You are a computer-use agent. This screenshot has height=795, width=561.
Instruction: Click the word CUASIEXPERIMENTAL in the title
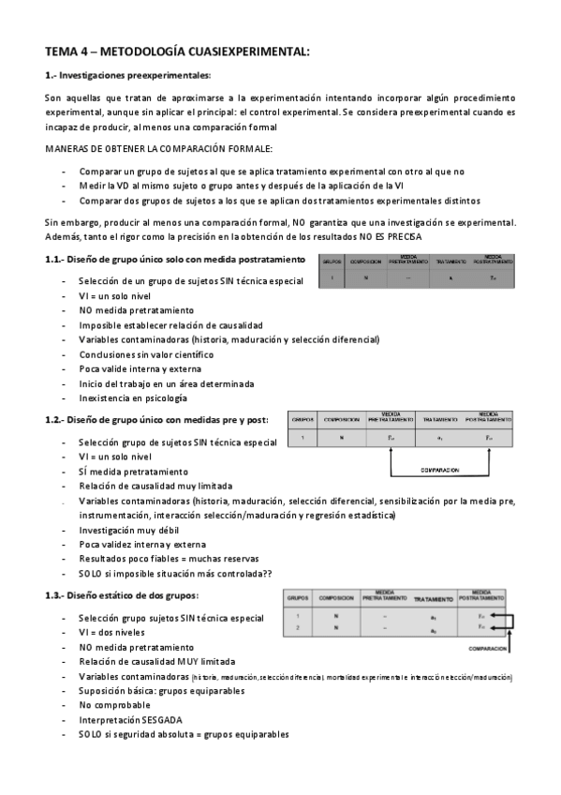(239, 52)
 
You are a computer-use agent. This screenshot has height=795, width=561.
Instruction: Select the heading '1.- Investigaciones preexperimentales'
(128, 76)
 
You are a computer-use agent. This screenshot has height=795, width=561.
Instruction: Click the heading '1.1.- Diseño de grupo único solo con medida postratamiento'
(175, 259)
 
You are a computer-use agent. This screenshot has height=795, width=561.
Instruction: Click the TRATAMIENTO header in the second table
(439, 419)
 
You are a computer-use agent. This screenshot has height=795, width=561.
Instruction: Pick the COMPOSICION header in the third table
(335, 597)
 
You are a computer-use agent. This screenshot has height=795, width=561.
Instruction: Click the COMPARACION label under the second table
(437, 470)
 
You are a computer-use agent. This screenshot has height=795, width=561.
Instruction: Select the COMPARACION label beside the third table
(486, 648)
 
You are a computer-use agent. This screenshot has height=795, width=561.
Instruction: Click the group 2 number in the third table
(297, 627)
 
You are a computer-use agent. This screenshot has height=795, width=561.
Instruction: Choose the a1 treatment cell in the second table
(439, 438)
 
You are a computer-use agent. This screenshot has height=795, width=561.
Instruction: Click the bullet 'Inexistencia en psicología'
(133, 397)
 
